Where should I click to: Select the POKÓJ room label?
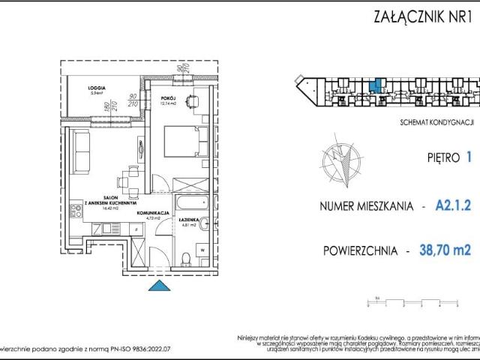[x=167, y=97]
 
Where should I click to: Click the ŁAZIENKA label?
[x=188, y=219]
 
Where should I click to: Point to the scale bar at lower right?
[x=412, y=304]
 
